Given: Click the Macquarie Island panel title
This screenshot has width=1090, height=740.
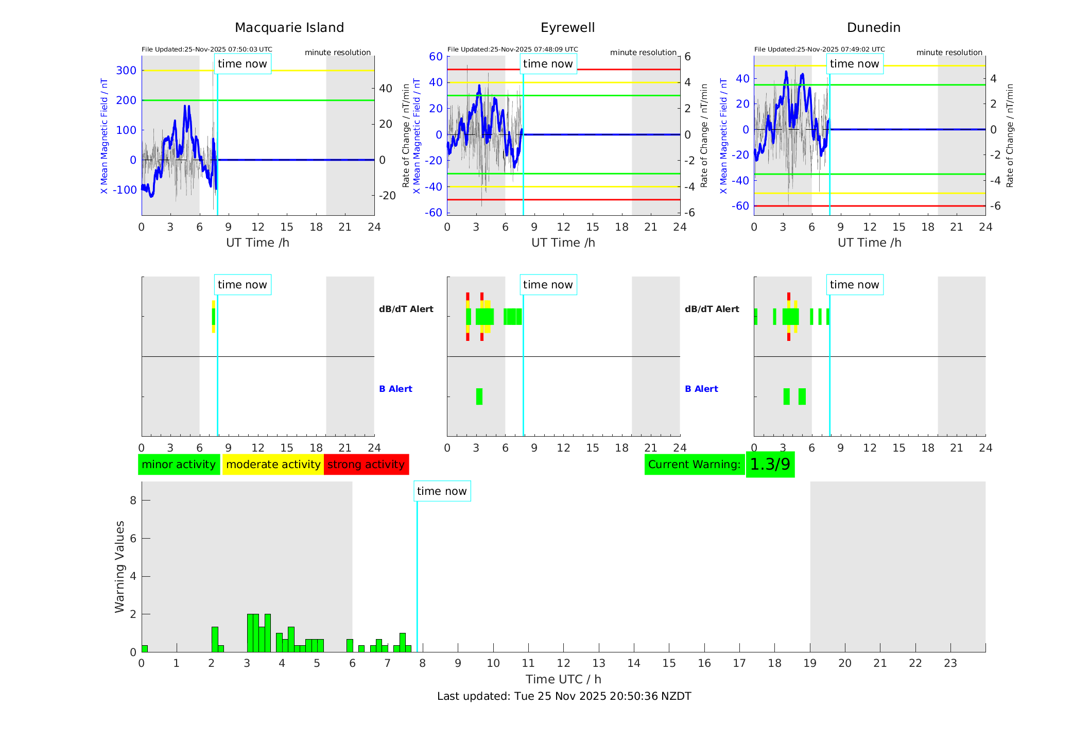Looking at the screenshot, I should tap(289, 28).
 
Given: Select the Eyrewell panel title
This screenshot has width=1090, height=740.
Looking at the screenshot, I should tap(567, 28).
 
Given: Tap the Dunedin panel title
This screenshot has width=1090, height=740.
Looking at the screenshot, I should tap(873, 28).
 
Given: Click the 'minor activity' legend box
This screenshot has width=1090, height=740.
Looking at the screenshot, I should tap(179, 464).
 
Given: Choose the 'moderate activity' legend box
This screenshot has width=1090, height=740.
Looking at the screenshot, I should tap(273, 464).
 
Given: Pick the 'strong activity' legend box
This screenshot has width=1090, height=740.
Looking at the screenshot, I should tap(366, 464).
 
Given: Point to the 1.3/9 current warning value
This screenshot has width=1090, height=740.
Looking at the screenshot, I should tap(770, 464).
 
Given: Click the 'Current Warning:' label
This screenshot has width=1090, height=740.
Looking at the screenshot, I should tap(694, 464).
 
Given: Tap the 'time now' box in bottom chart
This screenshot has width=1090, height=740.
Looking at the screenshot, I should tap(442, 491).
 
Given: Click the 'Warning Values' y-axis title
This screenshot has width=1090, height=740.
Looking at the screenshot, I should tap(120, 566).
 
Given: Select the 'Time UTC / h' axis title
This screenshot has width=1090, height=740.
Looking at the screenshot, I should tap(563, 679).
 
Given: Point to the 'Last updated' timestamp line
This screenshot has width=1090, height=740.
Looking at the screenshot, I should tap(564, 696).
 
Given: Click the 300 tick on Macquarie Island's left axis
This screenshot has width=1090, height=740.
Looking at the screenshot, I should tap(126, 71).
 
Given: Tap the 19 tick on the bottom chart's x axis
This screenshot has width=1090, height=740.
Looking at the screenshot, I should tap(810, 663).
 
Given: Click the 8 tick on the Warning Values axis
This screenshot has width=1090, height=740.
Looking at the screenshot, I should tap(133, 500).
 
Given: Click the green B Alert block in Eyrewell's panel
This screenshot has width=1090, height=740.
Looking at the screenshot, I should tap(479, 397).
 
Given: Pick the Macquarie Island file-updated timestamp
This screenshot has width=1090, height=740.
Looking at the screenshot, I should tap(207, 49).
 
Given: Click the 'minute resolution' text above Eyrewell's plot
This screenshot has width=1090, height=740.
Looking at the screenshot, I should tap(643, 53).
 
